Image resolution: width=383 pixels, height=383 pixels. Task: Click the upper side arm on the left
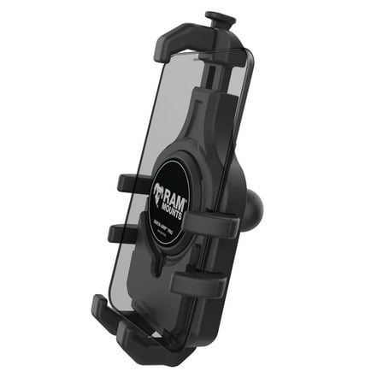pyautogui.click(x=133, y=182)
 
